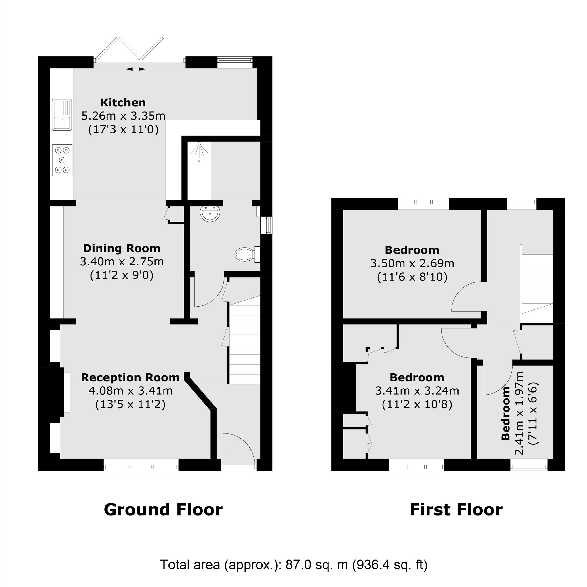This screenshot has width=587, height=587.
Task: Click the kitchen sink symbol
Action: click(62, 115)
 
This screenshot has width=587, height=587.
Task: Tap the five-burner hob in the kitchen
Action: click(62, 160)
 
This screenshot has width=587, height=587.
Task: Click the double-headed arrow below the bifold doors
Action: click(135, 69)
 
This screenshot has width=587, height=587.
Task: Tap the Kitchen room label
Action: click(123, 103)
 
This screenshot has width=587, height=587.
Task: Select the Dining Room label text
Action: click(121, 248)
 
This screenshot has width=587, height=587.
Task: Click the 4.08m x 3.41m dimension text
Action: click(131, 391)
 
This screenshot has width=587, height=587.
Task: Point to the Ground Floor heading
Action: click(163, 510)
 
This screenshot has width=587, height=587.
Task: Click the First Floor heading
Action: click(456, 510)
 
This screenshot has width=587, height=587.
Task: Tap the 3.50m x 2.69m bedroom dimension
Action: click(412, 263)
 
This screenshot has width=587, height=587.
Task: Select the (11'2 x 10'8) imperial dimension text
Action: click(417, 404)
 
